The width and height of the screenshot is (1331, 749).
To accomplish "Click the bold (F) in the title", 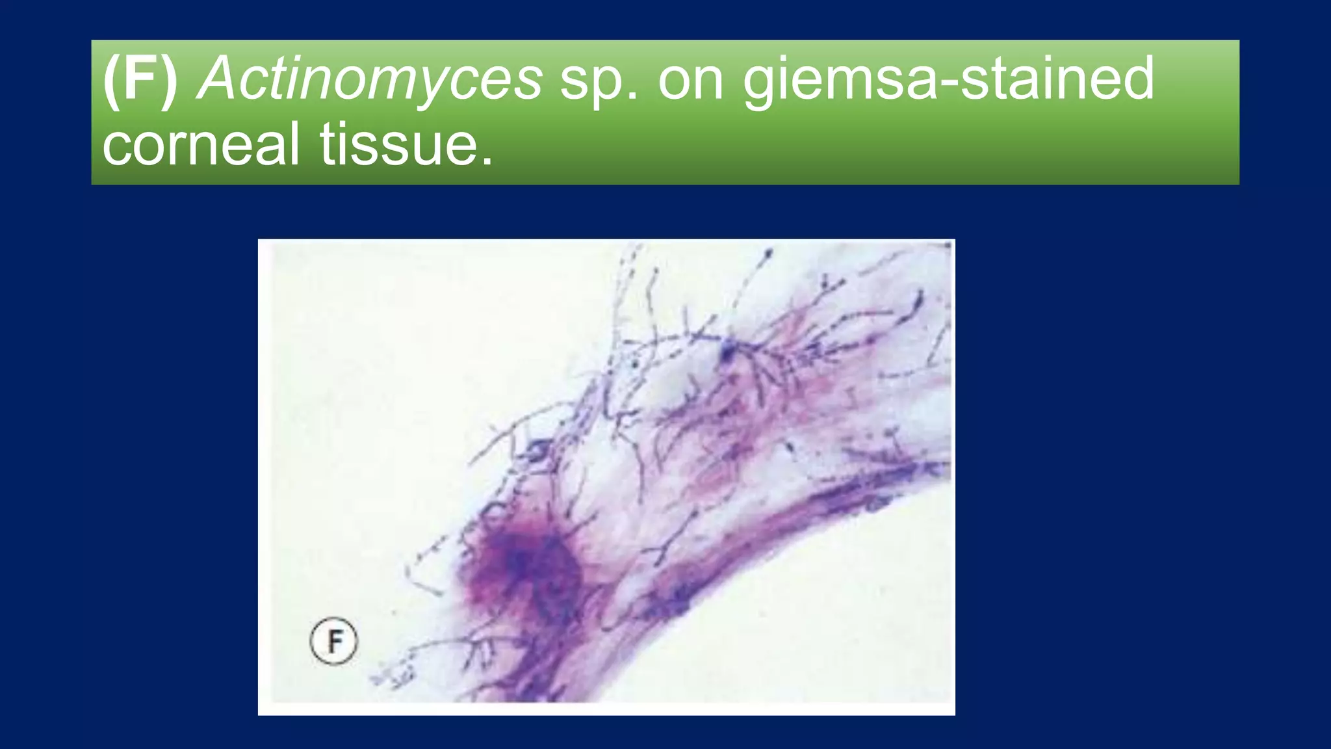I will click(140, 79).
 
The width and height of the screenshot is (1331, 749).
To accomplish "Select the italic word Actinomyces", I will click(370, 79).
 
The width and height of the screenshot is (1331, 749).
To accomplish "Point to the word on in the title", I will click(691, 79).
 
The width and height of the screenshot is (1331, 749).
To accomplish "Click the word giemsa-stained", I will click(948, 79).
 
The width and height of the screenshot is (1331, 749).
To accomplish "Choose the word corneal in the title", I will click(201, 144).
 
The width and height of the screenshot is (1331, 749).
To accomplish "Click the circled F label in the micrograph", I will click(333, 641).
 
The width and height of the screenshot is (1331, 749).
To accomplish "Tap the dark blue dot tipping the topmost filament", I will click(768, 252).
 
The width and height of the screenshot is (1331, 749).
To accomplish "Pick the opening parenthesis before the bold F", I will click(111, 80).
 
